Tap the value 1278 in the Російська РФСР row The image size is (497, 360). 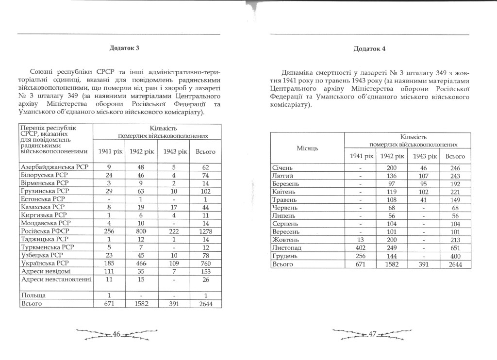205,231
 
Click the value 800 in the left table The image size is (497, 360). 142,231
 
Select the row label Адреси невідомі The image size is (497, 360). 45,271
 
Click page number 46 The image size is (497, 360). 116,334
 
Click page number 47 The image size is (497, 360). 372,334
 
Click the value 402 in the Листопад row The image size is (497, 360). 361,248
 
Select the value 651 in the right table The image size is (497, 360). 455,248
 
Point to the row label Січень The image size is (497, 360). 284,168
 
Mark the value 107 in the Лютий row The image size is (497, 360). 425,176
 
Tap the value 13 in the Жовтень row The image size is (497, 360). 361,240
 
